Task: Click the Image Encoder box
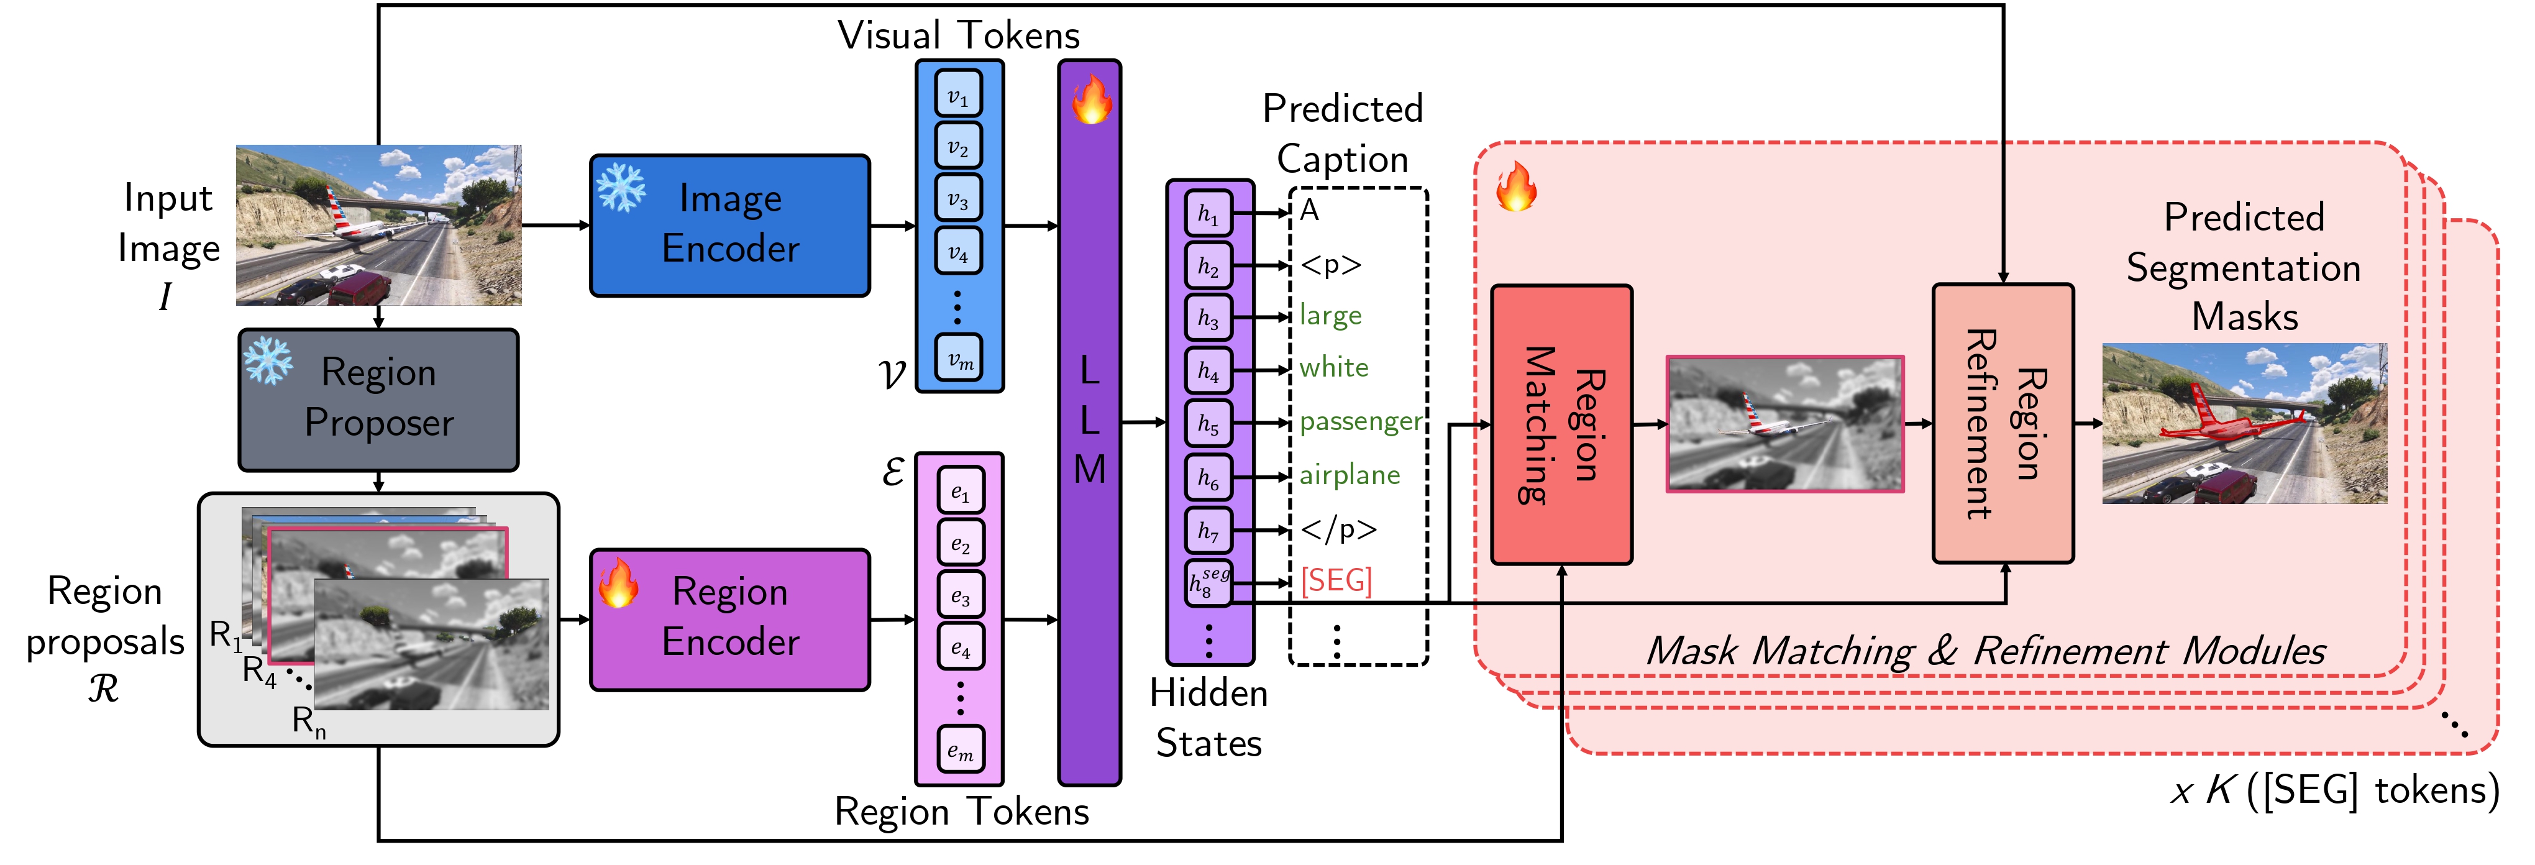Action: [729, 226]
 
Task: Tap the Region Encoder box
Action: [729, 619]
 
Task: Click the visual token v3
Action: [957, 199]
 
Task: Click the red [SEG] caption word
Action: [1335, 580]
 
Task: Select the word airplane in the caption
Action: [1349, 475]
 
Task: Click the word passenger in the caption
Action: [1360, 422]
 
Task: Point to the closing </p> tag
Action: [1337, 529]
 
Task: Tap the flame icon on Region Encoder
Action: [619, 583]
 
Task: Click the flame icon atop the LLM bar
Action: [1090, 101]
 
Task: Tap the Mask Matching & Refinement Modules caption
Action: [1985, 651]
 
